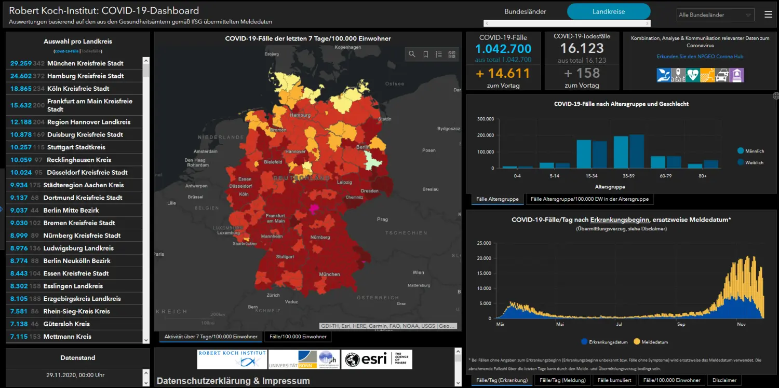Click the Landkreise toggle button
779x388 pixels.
(x=609, y=11)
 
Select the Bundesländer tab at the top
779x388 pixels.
(x=525, y=11)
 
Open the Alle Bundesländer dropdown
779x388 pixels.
(x=715, y=15)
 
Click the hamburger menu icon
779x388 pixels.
(x=768, y=15)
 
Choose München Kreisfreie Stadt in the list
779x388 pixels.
(x=85, y=63)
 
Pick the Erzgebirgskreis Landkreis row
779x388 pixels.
(x=84, y=299)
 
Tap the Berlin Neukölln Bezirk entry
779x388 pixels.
(x=77, y=261)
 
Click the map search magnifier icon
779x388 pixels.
(x=412, y=54)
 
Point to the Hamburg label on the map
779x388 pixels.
(x=300, y=115)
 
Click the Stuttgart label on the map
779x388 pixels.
(x=285, y=257)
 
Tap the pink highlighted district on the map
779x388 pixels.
(x=313, y=208)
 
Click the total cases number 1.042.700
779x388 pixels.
(x=503, y=49)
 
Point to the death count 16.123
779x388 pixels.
(x=582, y=48)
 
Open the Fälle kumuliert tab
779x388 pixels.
(x=614, y=380)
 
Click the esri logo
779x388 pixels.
(x=378, y=359)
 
